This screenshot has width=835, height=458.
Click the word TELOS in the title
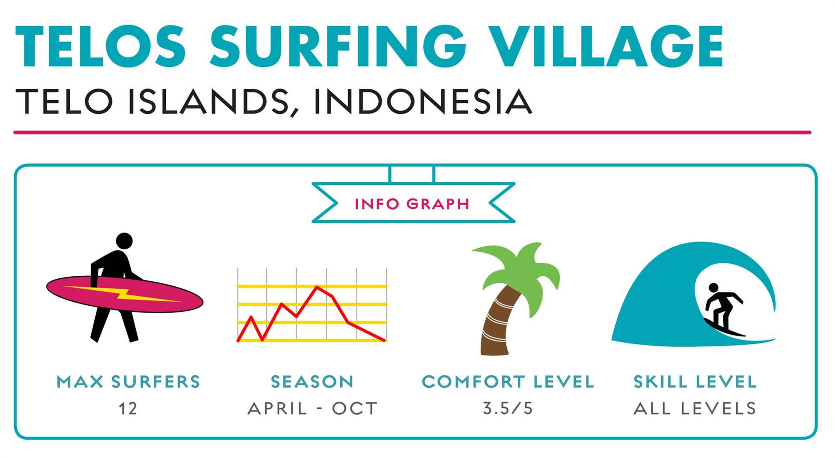pos(101,46)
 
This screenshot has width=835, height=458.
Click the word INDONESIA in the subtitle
pos(423,102)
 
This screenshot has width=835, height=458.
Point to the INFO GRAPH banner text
pos(412,204)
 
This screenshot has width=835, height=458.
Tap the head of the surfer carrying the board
pos(124,241)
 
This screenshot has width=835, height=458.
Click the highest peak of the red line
pos(317,287)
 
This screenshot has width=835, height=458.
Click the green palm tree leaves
pos(518,272)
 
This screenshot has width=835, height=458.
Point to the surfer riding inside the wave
pos(724,310)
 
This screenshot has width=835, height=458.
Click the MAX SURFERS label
pos(129,382)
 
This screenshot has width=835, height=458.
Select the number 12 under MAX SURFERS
pos(128,409)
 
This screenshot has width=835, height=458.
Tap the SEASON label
pos(312,382)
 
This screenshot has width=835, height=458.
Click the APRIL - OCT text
pos(312,409)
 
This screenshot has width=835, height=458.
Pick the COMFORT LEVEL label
pos(508,382)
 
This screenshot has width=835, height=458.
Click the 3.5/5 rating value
pos(508,408)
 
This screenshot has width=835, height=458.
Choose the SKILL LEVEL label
pos(695,382)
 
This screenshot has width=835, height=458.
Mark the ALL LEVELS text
pos(695,409)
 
